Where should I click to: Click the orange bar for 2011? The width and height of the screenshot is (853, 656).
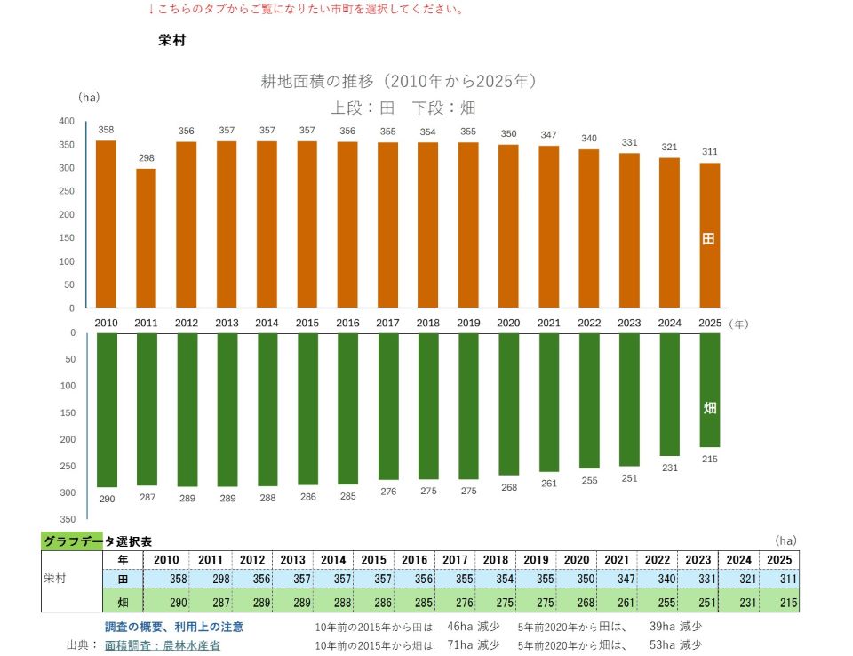146,238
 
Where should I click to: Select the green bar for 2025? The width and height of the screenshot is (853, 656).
709,390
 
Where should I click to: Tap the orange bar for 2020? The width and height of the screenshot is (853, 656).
508,227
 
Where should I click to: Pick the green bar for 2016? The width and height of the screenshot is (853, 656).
347,409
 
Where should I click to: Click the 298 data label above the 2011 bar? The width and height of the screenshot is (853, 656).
147,158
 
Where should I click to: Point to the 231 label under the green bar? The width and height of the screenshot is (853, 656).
670,468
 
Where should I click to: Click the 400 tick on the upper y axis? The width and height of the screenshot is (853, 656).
67,122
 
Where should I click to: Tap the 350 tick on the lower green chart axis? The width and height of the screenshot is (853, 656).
68,519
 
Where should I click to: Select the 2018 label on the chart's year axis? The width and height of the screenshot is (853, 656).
428,323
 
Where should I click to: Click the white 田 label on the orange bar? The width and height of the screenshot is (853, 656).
708,238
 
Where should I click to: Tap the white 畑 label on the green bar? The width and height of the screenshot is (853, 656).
709,408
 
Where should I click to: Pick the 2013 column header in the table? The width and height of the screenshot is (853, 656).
292,560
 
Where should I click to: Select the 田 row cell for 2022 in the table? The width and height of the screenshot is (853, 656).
658,579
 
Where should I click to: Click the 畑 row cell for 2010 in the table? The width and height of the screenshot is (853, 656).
166,602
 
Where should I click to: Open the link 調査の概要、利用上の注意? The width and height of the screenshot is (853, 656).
174,627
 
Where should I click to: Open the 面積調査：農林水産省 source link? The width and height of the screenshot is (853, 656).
162,645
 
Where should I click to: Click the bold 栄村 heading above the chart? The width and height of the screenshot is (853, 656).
171,40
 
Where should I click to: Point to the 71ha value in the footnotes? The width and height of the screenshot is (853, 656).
460,645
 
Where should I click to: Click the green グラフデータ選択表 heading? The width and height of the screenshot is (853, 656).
98,541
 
